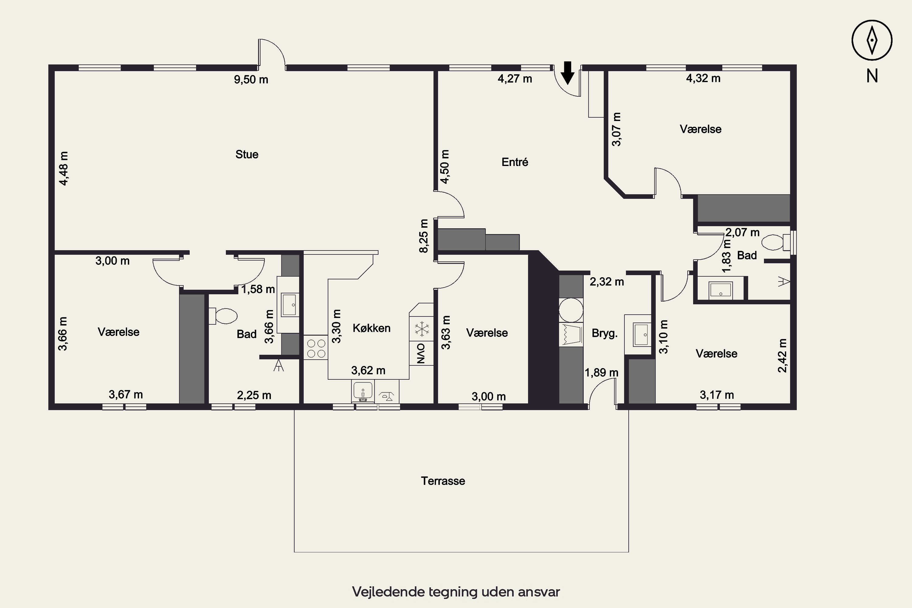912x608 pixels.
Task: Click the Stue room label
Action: tap(247, 154)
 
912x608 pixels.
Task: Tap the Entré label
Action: tap(515, 162)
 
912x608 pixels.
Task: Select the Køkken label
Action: tap(371, 328)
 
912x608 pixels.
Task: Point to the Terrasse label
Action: tap(443, 481)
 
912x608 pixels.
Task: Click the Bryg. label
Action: tap(605, 333)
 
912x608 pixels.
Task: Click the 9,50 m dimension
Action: tap(251, 79)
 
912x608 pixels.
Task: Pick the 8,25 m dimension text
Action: tap(424, 236)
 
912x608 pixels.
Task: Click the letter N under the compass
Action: tap(872, 76)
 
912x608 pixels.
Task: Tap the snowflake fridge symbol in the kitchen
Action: tap(421, 329)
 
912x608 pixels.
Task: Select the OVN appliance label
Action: tap(421, 353)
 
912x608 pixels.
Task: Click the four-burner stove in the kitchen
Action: tap(316, 348)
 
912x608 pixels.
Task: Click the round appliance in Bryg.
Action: tap(571, 310)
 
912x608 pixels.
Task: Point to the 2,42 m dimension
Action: tap(782, 356)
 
